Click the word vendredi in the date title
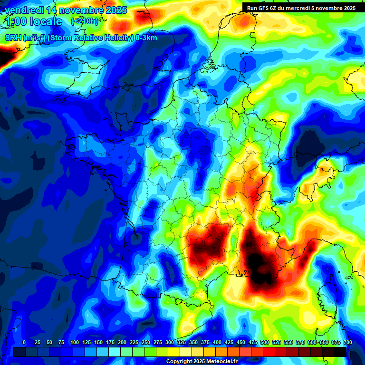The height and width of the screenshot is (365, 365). pos(21,10)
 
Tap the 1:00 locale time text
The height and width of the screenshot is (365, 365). pos(33,21)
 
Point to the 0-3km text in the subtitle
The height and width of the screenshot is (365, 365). pos(146,38)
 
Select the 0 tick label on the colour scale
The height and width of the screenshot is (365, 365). pos(24,342)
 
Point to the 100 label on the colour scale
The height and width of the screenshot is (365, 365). pos(75,342)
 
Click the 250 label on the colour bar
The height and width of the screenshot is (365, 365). pos(146,342)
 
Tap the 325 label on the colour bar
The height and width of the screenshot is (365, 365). pos(182,342)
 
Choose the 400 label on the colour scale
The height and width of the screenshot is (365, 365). pos(217,342)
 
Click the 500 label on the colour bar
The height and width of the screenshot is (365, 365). pos(265,342)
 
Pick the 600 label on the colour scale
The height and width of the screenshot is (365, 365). pos(312,342)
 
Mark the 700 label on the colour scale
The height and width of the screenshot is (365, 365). pos(347,342)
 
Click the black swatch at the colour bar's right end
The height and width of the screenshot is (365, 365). pos(340,352)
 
